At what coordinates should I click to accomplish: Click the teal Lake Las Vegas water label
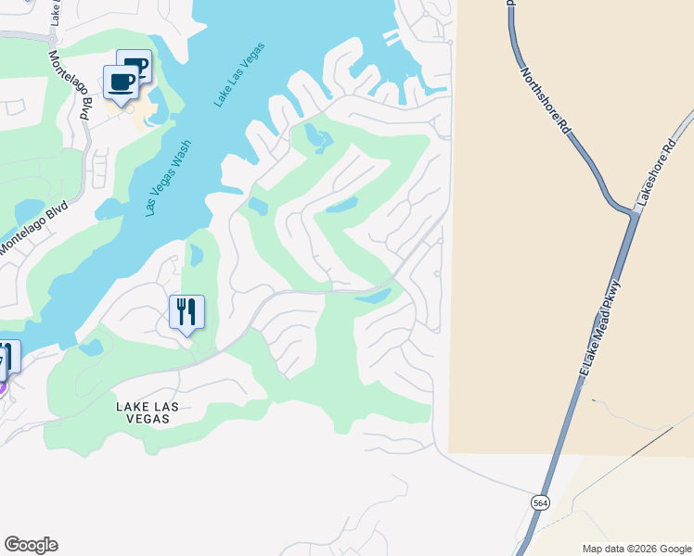pyautogui.click(x=239, y=74)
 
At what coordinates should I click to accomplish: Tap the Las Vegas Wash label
pyautogui.click(x=169, y=177)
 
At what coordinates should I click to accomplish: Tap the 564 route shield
pyautogui.click(x=539, y=501)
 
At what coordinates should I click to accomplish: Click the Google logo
pyautogui.click(x=31, y=545)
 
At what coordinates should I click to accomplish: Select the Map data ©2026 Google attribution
pyautogui.click(x=636, y=549)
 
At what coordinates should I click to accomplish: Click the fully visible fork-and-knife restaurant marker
pyautogui.click(x=187, y=312)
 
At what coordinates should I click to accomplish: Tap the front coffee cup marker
pyautogui.click(x=122, y=82)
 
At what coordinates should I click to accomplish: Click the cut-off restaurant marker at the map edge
pyautogui.click(x=6, y=358)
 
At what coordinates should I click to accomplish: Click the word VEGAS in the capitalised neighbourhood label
pyautogui.click(x=143, y=419)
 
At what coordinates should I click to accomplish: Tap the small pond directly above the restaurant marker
pyautogui.click(x=196, y=255)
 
